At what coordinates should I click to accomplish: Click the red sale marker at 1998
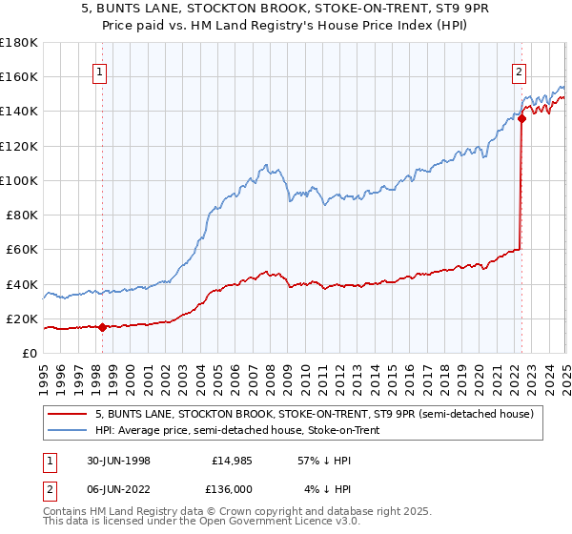[102, 328]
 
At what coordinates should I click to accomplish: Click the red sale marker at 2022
[521, 118]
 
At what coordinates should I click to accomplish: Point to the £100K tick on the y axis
[19, 180]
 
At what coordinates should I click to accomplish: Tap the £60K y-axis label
[22, 250]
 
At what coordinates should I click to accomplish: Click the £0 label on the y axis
[30, 354]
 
